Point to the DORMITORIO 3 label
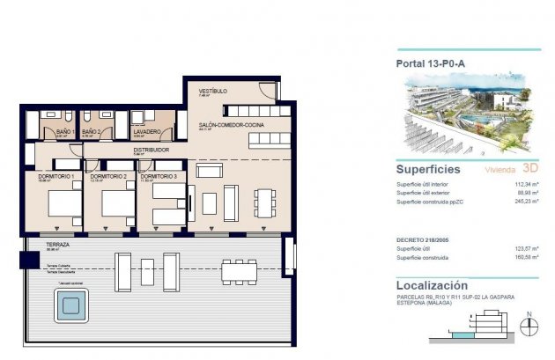click(159, 177)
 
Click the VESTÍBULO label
click(213, 91)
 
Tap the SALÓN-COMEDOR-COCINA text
click(232, 125)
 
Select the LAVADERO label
click(146, 132)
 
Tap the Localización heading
click(432, 285)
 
